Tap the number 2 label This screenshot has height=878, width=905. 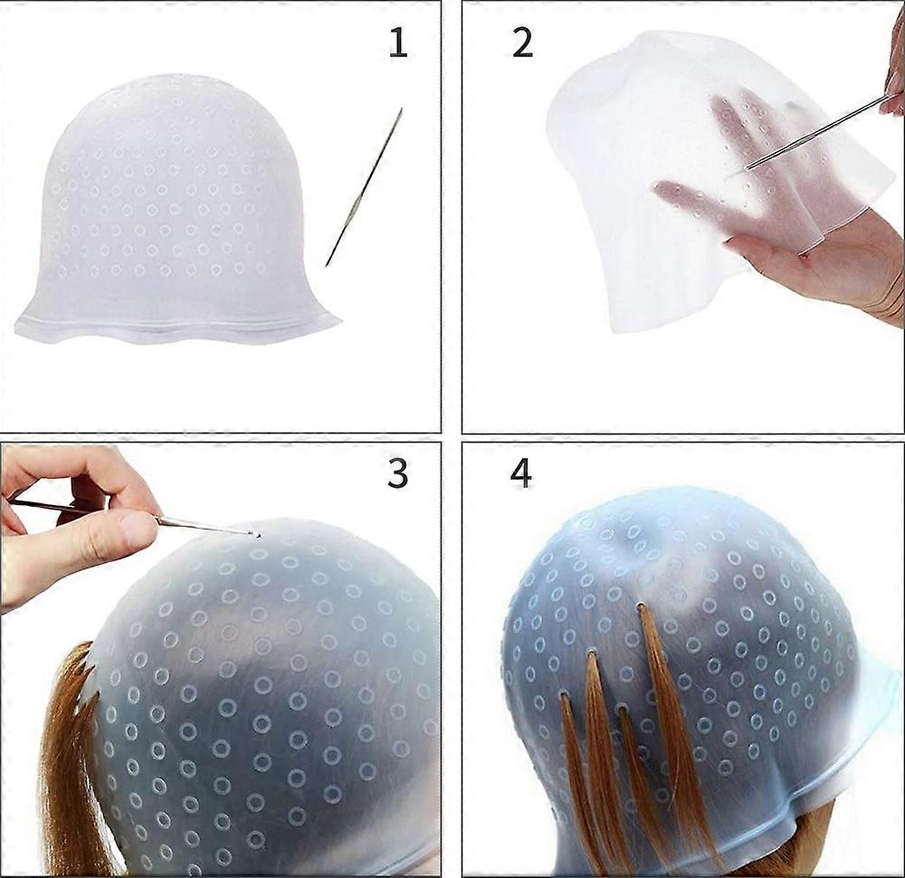(523, 43)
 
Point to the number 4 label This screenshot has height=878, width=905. (520, 474)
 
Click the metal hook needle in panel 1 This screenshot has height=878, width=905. (364, 186)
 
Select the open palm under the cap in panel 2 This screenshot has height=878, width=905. (820, 254)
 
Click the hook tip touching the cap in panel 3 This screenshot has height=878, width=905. (257, 536)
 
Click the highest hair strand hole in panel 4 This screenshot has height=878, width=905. (641, 606)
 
